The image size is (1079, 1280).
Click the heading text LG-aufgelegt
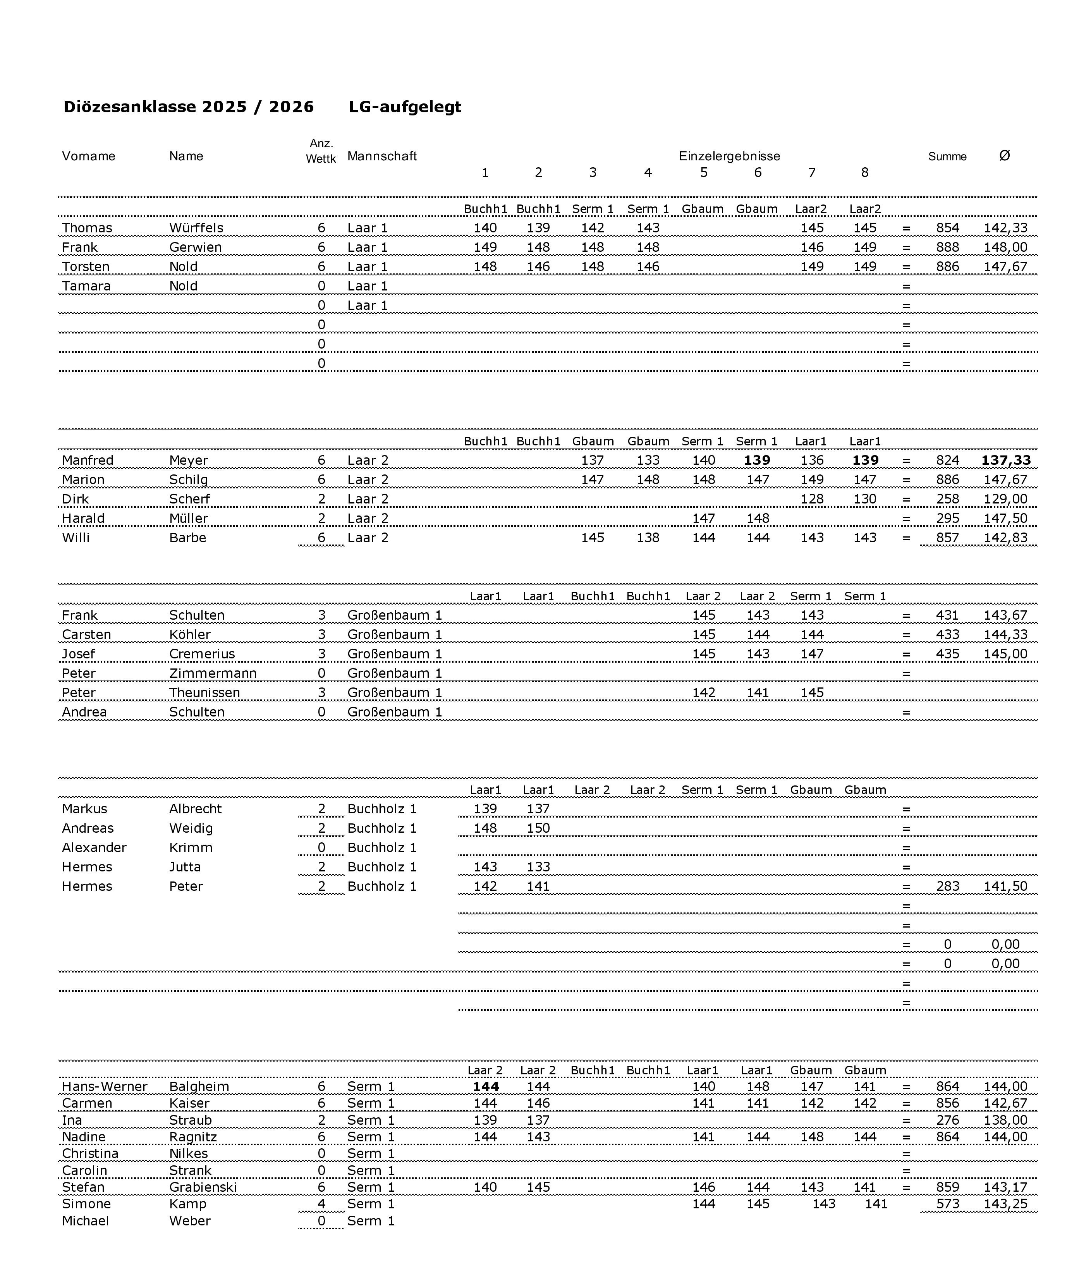405,107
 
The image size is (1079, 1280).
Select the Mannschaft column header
382,156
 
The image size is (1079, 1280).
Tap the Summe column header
947,156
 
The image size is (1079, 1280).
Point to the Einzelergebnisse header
729,156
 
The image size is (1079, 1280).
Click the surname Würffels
196,228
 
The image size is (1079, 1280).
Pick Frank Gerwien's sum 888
947,248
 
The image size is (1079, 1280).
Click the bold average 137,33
1005,460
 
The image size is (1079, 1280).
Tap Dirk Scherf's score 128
812,499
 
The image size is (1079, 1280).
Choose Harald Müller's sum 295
947,519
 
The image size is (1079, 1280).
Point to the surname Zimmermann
213,674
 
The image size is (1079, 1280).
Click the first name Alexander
94,848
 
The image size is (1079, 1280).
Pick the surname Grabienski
203,1187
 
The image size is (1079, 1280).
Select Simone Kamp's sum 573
947,1204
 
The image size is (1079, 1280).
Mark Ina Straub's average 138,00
1005,1120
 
